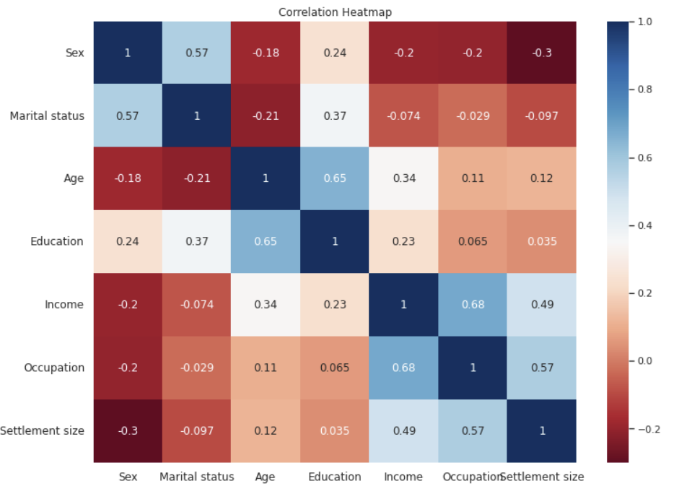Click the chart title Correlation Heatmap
tap(335, 12)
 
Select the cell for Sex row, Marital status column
tap(197, 53)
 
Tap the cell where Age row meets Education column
tap(335, 178)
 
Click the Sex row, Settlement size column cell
tap(541, 53)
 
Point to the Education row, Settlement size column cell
tap(541, 241)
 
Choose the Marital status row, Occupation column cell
tap(473, 116)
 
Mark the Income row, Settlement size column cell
tap(541, 305)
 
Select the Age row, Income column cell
tap(403, 178)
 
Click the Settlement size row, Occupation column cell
tap(473, 430)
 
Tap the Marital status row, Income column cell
tap(403, 116)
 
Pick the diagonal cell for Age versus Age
tap(266, 178)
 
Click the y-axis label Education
tap(57, 241)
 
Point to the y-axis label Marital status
tap(47, 116)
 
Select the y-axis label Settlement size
tap(42, 430)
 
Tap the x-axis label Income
tap(403, 477)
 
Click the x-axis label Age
tap(266, 477)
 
